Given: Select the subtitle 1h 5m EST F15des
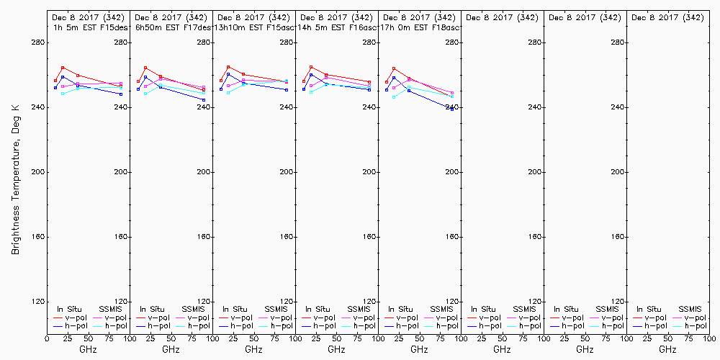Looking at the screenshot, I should [x=88, y=27].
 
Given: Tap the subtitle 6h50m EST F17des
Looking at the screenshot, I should [x=174, y=27].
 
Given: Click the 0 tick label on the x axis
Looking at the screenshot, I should [x=47, y=337].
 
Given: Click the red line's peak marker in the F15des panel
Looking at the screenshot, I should [x=63, y=68].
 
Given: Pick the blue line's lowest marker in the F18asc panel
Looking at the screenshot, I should [x=452, y=109].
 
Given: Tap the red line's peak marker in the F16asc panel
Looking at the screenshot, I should [x=311, y=67].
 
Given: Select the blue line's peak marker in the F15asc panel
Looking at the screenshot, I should [x=228, y=74].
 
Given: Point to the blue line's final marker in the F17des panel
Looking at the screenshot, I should [x=204, y=100].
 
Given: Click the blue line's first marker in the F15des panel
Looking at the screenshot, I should [x=55, y=88].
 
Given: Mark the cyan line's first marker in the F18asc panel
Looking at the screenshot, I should [x=394, y=96].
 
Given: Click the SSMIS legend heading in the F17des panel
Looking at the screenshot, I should [x=194, y=309].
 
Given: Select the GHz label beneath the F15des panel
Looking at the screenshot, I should [x=88, y=349].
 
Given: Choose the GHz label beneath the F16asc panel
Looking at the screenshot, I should [x=336, y=349].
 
